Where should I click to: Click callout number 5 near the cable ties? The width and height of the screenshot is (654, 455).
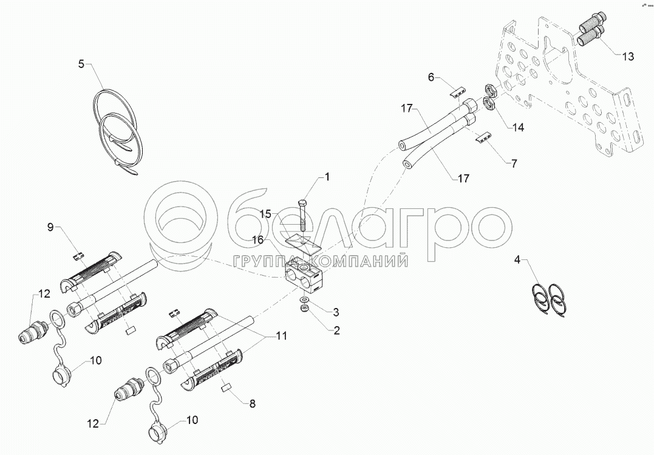tap(81, 64)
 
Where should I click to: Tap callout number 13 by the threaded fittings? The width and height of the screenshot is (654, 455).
tap(628, 56)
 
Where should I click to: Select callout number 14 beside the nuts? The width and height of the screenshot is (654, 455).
tap(518, 128)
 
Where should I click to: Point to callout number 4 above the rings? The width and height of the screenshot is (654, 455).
tap(517, 260)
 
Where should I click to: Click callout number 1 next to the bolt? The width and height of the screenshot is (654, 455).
tap(327, 177)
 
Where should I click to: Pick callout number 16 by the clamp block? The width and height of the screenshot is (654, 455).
tap(257, 240)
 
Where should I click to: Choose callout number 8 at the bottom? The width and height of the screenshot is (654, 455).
tap(252, 404)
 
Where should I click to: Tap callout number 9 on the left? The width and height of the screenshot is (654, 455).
tap(50, 227)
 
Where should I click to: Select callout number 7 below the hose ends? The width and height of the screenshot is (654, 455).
tap(514, 163)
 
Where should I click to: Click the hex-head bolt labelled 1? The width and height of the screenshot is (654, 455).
tap(303, 215)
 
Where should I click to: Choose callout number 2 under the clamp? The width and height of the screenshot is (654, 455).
tap(336, 330)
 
